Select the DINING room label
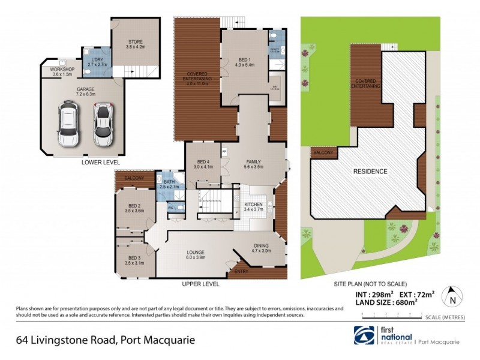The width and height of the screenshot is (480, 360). [261, 245]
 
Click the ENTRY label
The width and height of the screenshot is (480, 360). [242, 272]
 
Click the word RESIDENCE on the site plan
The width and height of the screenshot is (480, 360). [370, 172]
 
